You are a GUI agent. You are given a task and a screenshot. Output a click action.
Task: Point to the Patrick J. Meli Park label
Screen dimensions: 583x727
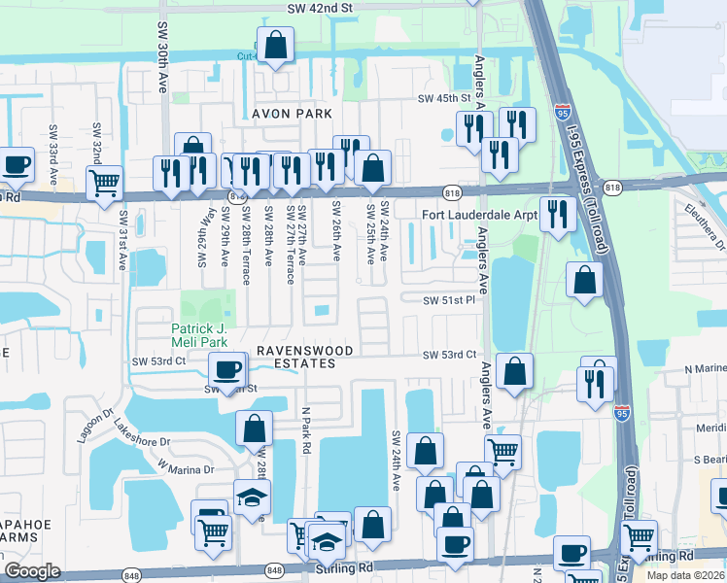point(204,335)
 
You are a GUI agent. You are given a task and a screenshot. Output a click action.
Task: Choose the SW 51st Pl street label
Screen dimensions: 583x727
point(448,300)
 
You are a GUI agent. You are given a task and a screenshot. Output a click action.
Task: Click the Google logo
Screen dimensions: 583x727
point(32,571)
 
